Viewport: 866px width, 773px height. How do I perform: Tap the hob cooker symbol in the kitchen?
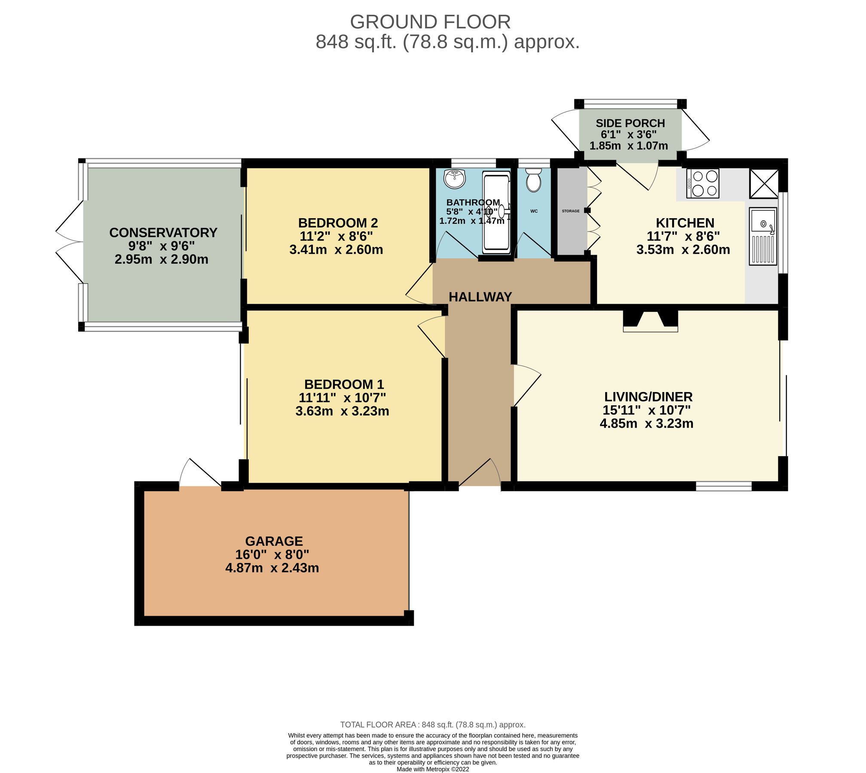(703, 183)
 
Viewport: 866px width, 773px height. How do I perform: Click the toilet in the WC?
(533, 180)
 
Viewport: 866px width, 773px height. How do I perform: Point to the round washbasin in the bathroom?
(455, 179)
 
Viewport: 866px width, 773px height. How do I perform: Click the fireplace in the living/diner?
(650, 321)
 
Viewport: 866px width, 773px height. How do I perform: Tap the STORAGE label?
(571, 211)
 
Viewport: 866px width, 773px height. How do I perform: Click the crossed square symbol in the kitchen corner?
(764, 184)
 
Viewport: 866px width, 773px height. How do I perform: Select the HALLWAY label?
(480, 297)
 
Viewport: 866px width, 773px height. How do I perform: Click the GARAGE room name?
(274, 541)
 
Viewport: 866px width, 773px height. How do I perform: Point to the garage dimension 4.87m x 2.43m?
(272, 568)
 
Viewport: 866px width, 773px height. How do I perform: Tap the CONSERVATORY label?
(163, 232)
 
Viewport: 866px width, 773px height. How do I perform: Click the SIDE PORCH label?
(630, 123)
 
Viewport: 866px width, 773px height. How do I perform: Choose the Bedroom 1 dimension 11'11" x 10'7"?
(343, 398)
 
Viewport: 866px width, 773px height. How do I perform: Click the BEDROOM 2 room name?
(338, 223)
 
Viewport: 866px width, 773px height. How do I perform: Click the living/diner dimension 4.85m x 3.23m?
(646, 424)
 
